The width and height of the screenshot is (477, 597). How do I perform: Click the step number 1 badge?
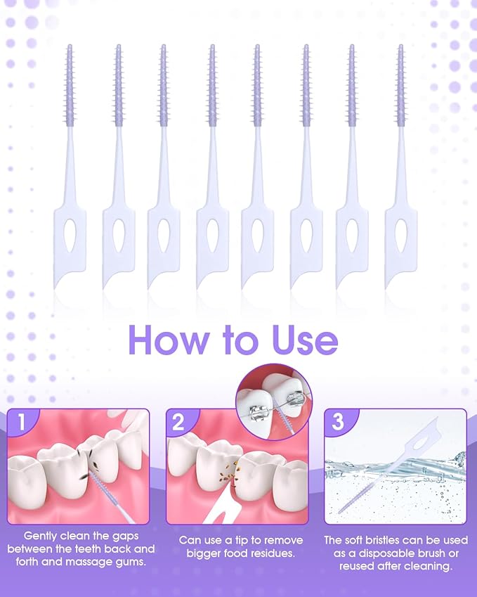click(x=22, y=423)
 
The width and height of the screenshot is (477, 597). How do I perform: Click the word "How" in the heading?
click(x=162, y=340)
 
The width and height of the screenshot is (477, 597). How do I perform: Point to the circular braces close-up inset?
click(x=273, y=400)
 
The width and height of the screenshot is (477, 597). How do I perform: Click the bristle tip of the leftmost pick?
click(x=69, y=49)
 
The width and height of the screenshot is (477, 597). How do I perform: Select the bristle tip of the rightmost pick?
click(x=400, y=49)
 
